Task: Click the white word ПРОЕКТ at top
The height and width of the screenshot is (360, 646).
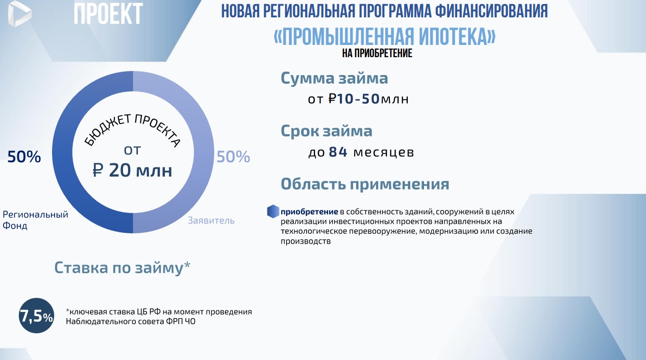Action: (109, 13)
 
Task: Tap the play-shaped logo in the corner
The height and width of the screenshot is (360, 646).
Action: (19, 13)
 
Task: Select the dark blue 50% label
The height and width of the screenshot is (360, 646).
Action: (24, 157)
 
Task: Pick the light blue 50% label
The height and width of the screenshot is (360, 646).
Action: (233, 157)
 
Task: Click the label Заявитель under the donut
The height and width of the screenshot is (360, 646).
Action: (211, 221)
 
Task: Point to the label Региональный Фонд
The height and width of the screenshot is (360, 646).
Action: (35, 220)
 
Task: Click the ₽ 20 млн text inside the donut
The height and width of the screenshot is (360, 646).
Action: (132, 170)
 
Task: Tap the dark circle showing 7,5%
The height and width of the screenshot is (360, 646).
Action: (36, 316)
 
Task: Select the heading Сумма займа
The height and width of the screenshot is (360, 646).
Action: (334, 78)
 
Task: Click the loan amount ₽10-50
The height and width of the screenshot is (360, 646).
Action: (354, 99)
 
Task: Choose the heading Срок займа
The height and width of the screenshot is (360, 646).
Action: (327, 131)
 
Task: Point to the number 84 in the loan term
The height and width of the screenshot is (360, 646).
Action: (338, 152)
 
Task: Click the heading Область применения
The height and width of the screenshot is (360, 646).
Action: (365, 184)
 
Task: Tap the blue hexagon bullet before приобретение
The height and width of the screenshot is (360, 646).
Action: (273, 211)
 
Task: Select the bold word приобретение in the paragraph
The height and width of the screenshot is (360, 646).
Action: (309, 212)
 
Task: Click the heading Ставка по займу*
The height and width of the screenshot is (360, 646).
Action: (122, 268)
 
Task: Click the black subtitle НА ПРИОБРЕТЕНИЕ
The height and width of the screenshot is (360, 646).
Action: (377, 54)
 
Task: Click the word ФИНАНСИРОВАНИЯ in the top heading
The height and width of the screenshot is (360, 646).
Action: (491, 11)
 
